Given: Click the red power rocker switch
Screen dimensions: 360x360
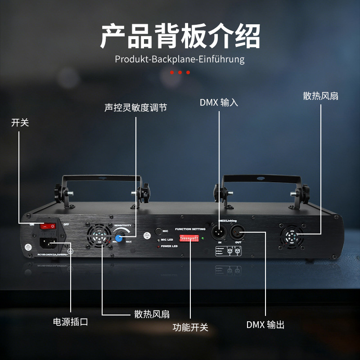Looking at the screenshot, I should coord(47,226).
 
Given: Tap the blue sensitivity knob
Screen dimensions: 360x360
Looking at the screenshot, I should coord(120,238).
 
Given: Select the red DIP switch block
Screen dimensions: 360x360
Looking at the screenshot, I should coord(189,238).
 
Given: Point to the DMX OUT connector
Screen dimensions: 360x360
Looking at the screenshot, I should coord(238,233).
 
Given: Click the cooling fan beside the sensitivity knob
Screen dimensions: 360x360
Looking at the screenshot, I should coord(99,235).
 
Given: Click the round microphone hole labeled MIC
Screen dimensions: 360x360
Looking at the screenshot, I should coord(158,231).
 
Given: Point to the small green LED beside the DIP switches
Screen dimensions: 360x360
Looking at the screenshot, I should coord(203,238).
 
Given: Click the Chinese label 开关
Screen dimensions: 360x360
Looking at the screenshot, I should coord(20,122).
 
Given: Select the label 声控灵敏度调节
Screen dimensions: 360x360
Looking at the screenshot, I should coord(135,108).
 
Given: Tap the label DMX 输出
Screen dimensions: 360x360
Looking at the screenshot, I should coord(265,325).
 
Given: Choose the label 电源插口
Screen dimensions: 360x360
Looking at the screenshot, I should coord(70,322).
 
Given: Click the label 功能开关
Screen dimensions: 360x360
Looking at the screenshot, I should coord(190,327).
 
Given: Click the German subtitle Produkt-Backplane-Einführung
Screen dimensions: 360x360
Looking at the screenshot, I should coord(180,59).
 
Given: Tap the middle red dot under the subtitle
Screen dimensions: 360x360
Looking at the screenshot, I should coord(180,72).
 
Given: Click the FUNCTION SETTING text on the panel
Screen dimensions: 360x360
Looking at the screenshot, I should coord(190,229).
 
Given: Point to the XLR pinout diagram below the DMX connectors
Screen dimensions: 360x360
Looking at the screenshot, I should coord(234,251).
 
